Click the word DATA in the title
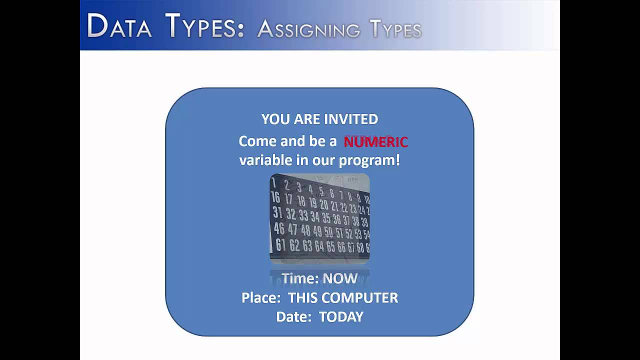119,26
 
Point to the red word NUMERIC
375,142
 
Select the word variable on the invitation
263,160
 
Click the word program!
369,160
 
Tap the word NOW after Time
340,278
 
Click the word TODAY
341,316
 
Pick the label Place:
261,297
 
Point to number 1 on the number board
274,183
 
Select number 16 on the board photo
275,197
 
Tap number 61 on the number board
280,244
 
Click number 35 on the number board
326,218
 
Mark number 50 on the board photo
328,232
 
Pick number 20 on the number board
323,204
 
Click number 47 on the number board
292,229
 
